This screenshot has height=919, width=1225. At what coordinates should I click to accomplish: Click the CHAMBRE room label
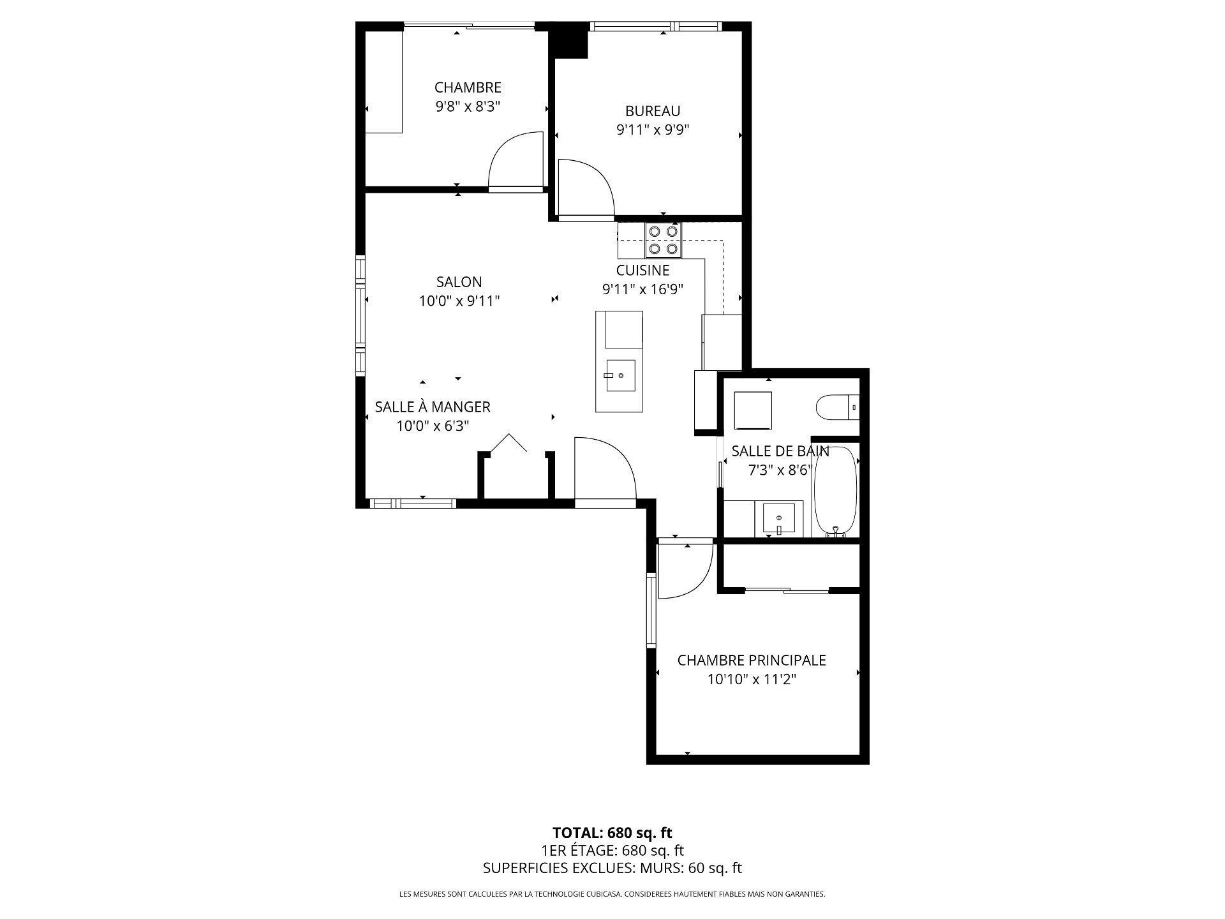468,87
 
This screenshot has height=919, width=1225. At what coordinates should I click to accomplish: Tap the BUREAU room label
653,112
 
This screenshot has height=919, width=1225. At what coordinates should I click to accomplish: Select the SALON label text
459,281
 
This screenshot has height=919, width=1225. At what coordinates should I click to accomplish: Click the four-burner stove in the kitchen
663,240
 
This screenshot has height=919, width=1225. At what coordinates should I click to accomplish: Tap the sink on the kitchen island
620,376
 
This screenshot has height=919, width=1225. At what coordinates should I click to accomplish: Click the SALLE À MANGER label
433,407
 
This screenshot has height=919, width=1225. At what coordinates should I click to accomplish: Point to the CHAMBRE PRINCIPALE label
752,660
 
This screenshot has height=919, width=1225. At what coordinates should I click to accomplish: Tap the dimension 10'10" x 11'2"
752,679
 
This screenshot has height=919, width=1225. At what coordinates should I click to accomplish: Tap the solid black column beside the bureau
568,40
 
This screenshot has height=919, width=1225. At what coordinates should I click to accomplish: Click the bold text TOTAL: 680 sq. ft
612,832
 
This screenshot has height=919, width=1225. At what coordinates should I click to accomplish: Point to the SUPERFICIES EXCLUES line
612,868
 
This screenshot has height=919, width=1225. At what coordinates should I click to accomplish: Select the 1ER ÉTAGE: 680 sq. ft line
612,850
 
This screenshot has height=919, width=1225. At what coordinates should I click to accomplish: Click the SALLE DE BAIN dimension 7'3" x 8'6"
780,470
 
